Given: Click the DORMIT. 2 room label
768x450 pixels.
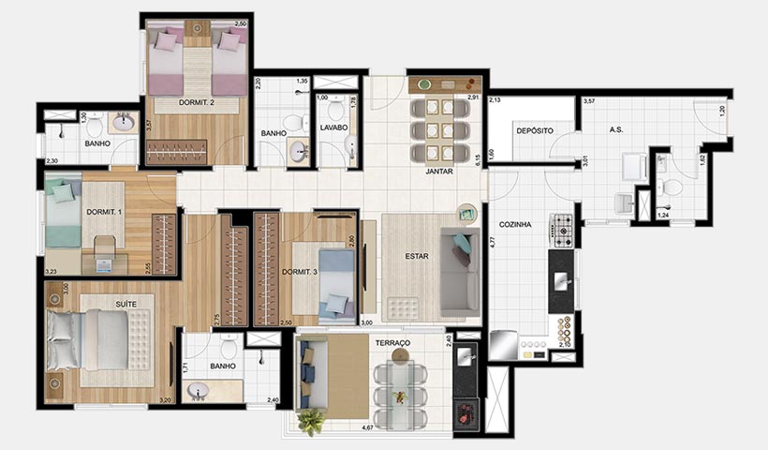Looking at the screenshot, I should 197,103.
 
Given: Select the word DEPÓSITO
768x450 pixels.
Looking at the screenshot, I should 534,130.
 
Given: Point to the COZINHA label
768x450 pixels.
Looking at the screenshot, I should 515,225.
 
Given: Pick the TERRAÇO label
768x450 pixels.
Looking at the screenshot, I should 393,344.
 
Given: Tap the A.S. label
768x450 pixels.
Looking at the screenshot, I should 617,130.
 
